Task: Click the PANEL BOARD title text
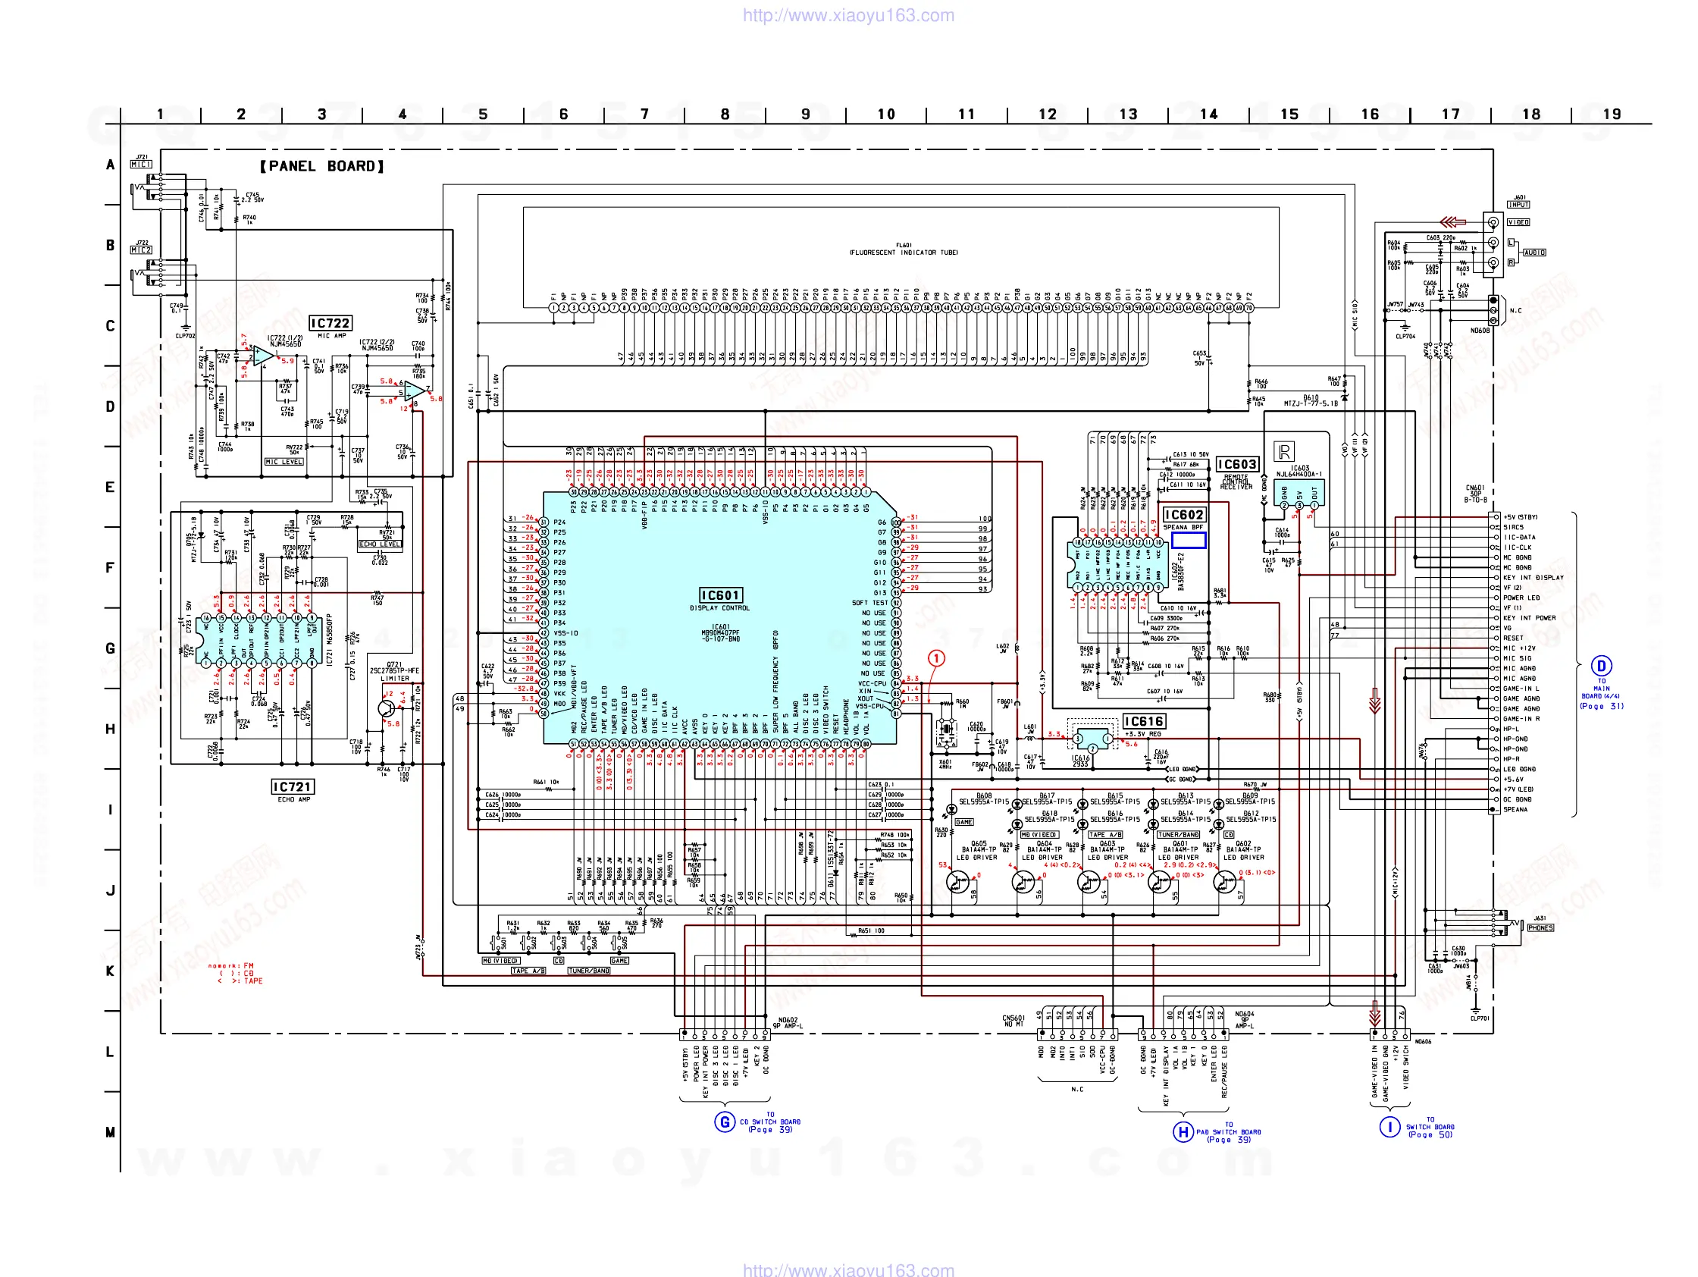pyautogui.click(x=321, y=166)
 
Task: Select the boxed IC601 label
pyautogui.click(x=719, y=595)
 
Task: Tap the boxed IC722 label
pyautogui.click(x=329, y=323)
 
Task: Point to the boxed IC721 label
pyautogui.click(x=292, y=787)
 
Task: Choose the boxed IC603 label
pyautogui.click(x=1236, y=465)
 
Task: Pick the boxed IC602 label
pyautogui.click(x=1183, y=514)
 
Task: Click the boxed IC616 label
pyautogui.click(x=1143, y=721)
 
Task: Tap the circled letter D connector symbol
pyautogui.click(x=1600, y=666)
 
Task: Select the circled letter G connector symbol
pyautogui.click(x=724, y=1122)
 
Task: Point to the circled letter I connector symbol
pyautogui.click(x=1389, y=1127)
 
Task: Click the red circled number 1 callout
pyautogui.click(x=935, y=658)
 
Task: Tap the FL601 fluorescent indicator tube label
pyautogui.click(x=904, y=249)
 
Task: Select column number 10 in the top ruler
pyautogui.click(x=886, y=115)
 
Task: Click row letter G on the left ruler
pyautogui.click(x=110, y=648)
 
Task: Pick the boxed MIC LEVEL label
pyautogui.click(x=284, y=462)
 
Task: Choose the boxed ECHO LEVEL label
pyautogui.click(x=379, y=544)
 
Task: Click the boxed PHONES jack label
pyautogui.click(x=1540, y=927)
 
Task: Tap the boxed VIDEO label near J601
pyautogui.click(x=1518, y=222)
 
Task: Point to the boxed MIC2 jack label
pyautogui.click(x=141, y=249)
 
